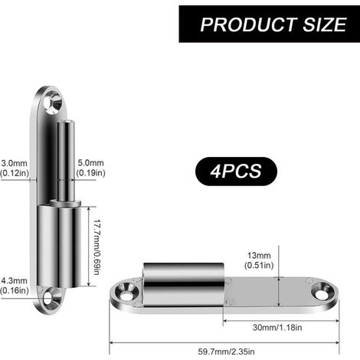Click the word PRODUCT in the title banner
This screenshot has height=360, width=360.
click(x=249, y=25)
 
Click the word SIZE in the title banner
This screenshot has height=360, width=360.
click(x=325, y=25)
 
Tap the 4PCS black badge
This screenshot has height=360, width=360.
click(x=236, y=171)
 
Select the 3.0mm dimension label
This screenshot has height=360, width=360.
click(x=15, y=163)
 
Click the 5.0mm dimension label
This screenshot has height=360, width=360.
click(x=90, y=162)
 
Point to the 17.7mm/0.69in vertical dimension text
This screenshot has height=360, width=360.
click(x=97, y=247)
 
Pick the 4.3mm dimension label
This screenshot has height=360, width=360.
click(x=15, y=280)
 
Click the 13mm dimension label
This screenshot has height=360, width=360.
click(x=259, y=255)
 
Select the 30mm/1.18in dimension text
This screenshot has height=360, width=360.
click(x=277, y=327)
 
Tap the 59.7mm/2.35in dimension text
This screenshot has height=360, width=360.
click(x=226, y=352)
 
